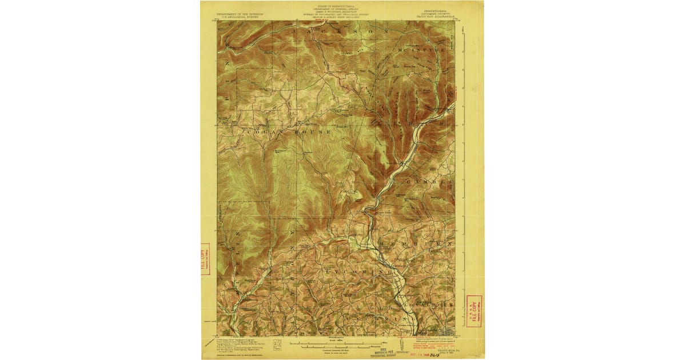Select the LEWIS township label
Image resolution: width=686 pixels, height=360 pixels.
click(408, 122)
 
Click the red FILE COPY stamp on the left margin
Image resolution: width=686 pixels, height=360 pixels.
click(206, 259)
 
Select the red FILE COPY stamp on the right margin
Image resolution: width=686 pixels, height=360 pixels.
click(474, 311)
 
